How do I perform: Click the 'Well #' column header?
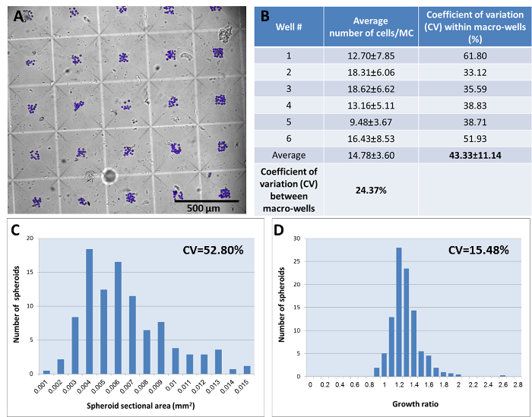(x=287, y=27)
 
